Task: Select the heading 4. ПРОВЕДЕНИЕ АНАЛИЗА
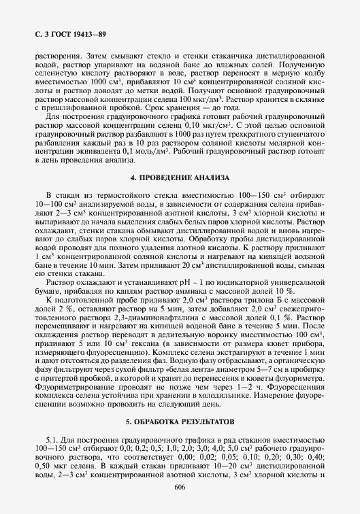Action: [179, 177]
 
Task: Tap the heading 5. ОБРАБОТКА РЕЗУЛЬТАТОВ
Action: [179, 422]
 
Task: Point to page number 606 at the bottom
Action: [180, 487]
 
